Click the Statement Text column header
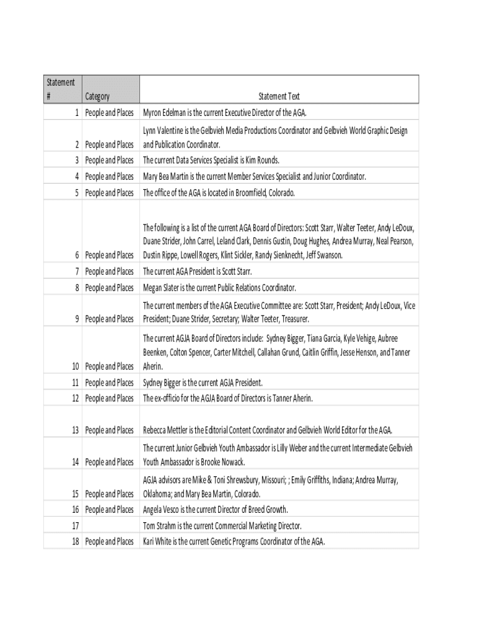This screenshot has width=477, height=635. [x=279, y=96]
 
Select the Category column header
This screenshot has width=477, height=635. [x=97, y=96]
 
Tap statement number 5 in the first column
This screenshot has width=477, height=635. [x=76, y=193]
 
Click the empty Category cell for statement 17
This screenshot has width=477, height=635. [x=110, y=526]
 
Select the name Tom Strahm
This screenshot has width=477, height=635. [x=158, y=526]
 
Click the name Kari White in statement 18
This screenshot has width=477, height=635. [x=157, y=542]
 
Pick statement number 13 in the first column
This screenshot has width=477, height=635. [x=74, y=430]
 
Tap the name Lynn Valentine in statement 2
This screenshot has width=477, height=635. [x=164, y=131]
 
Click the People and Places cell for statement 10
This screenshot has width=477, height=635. [x=110, y=366]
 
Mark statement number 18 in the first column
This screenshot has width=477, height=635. [x=74, y=542]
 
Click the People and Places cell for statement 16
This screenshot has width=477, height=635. [x=110, y=510]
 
